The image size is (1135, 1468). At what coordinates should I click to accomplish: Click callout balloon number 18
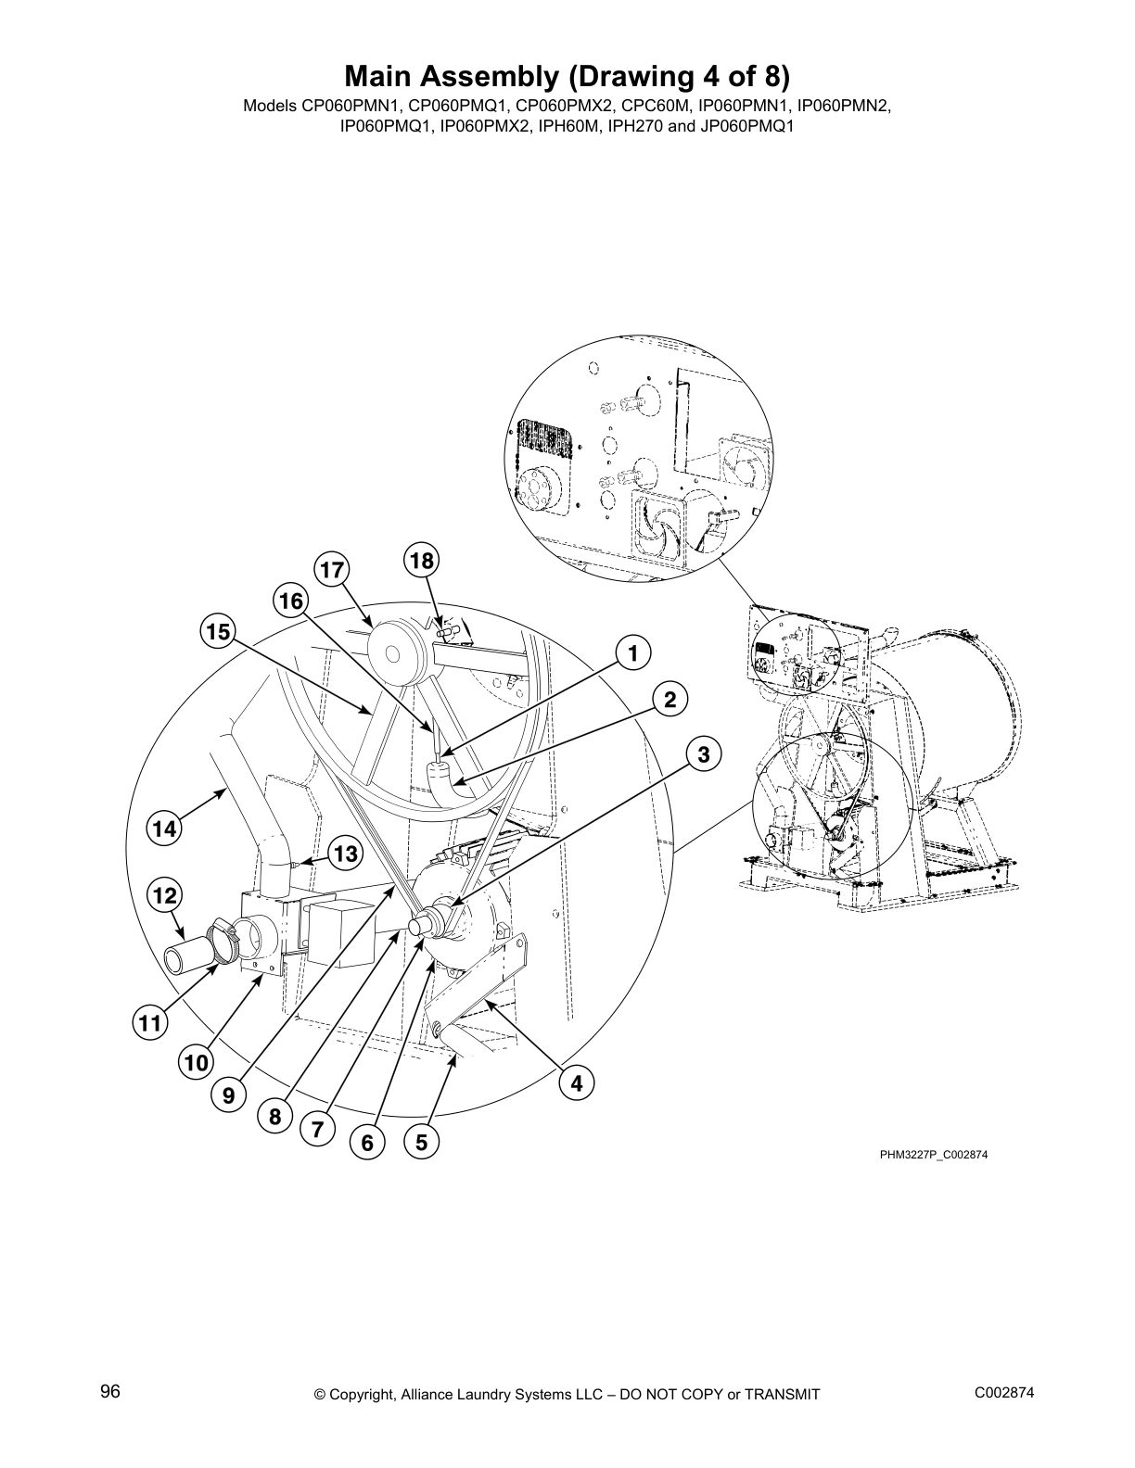click(421, 561)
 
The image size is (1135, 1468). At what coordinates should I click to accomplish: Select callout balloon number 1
click(632, 653)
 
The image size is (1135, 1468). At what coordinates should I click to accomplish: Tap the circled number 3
click(704, 754)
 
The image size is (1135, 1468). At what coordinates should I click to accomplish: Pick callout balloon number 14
click(164, 829)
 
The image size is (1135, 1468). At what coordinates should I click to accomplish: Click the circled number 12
click(164, 895)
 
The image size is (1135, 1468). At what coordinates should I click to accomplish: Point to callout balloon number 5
click(421, 1143)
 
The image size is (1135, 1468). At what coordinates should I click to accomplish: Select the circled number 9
click(227, 1095)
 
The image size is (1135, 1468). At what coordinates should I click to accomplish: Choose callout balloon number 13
click(345, 854)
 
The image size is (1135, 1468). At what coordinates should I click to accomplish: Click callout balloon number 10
click(196, 1063)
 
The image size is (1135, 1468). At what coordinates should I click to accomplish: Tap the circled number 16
click(291, 601)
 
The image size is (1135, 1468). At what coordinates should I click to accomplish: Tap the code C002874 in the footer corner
click(1004, 1393)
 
